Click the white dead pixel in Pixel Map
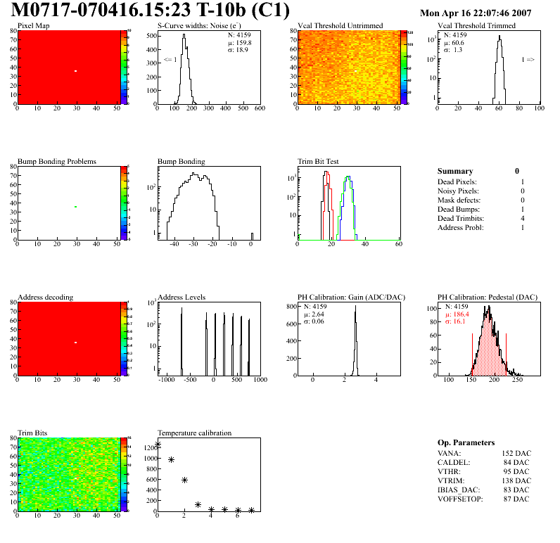[x=75, y=70]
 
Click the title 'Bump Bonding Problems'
[x=56, y=162]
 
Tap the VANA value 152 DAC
[x=516, y=453]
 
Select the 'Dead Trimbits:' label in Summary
[x=461, y=218]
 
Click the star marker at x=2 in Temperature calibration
[x=184, y=480]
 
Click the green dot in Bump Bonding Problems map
[x=75, y=206]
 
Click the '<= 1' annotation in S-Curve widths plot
[x=170, y=60]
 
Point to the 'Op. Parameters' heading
[x=466, y=442]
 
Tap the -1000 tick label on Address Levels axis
[x=167, y=380]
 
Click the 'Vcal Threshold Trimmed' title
[x=476, y=26]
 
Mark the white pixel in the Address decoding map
[x=75, y=343]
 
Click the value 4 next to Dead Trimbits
[x=522, y=218]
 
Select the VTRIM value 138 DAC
[x=516, y=480]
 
